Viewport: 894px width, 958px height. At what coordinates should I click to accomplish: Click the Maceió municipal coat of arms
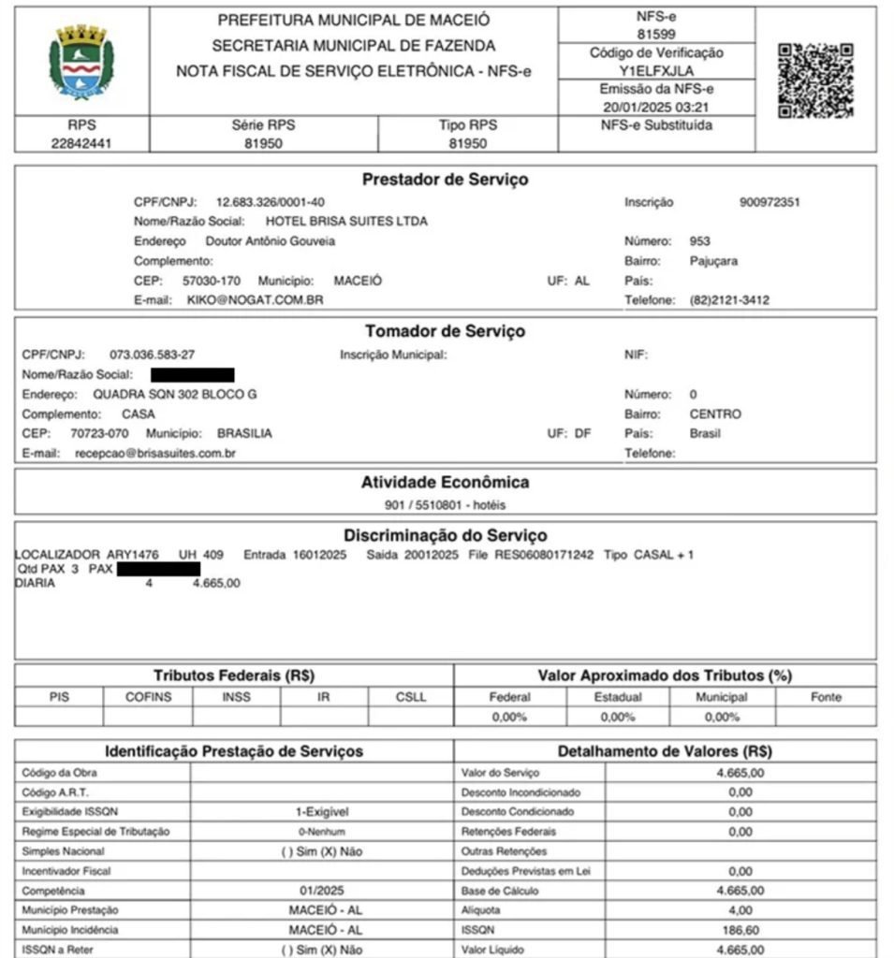click(x=81, y=63)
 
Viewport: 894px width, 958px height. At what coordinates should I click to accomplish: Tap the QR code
click(x=815, y=80)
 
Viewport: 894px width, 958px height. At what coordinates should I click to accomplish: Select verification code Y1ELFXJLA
click(x=655, y=70)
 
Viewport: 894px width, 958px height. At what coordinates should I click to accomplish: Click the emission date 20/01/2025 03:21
click(x=655, y=107)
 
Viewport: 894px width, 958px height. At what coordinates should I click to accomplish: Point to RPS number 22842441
click(x=81, y=144)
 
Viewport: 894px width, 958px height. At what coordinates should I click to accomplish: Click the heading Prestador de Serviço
click(x=445, y=180)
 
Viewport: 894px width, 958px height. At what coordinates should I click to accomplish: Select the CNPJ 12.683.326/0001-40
click(x=271, y=202)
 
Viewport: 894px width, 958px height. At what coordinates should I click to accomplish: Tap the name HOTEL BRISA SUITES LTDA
click(x=346, y=222)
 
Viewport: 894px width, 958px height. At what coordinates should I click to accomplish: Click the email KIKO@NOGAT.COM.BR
click(x=255, y=300)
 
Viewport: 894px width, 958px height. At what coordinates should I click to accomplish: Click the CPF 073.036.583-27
click(x=153, y=355)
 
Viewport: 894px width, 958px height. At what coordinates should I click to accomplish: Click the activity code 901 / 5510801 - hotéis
click(x=445, y=505)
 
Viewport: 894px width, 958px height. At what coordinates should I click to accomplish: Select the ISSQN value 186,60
click(x=740, y=931)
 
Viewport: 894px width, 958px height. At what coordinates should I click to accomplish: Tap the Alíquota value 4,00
click(x=740, y=910)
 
